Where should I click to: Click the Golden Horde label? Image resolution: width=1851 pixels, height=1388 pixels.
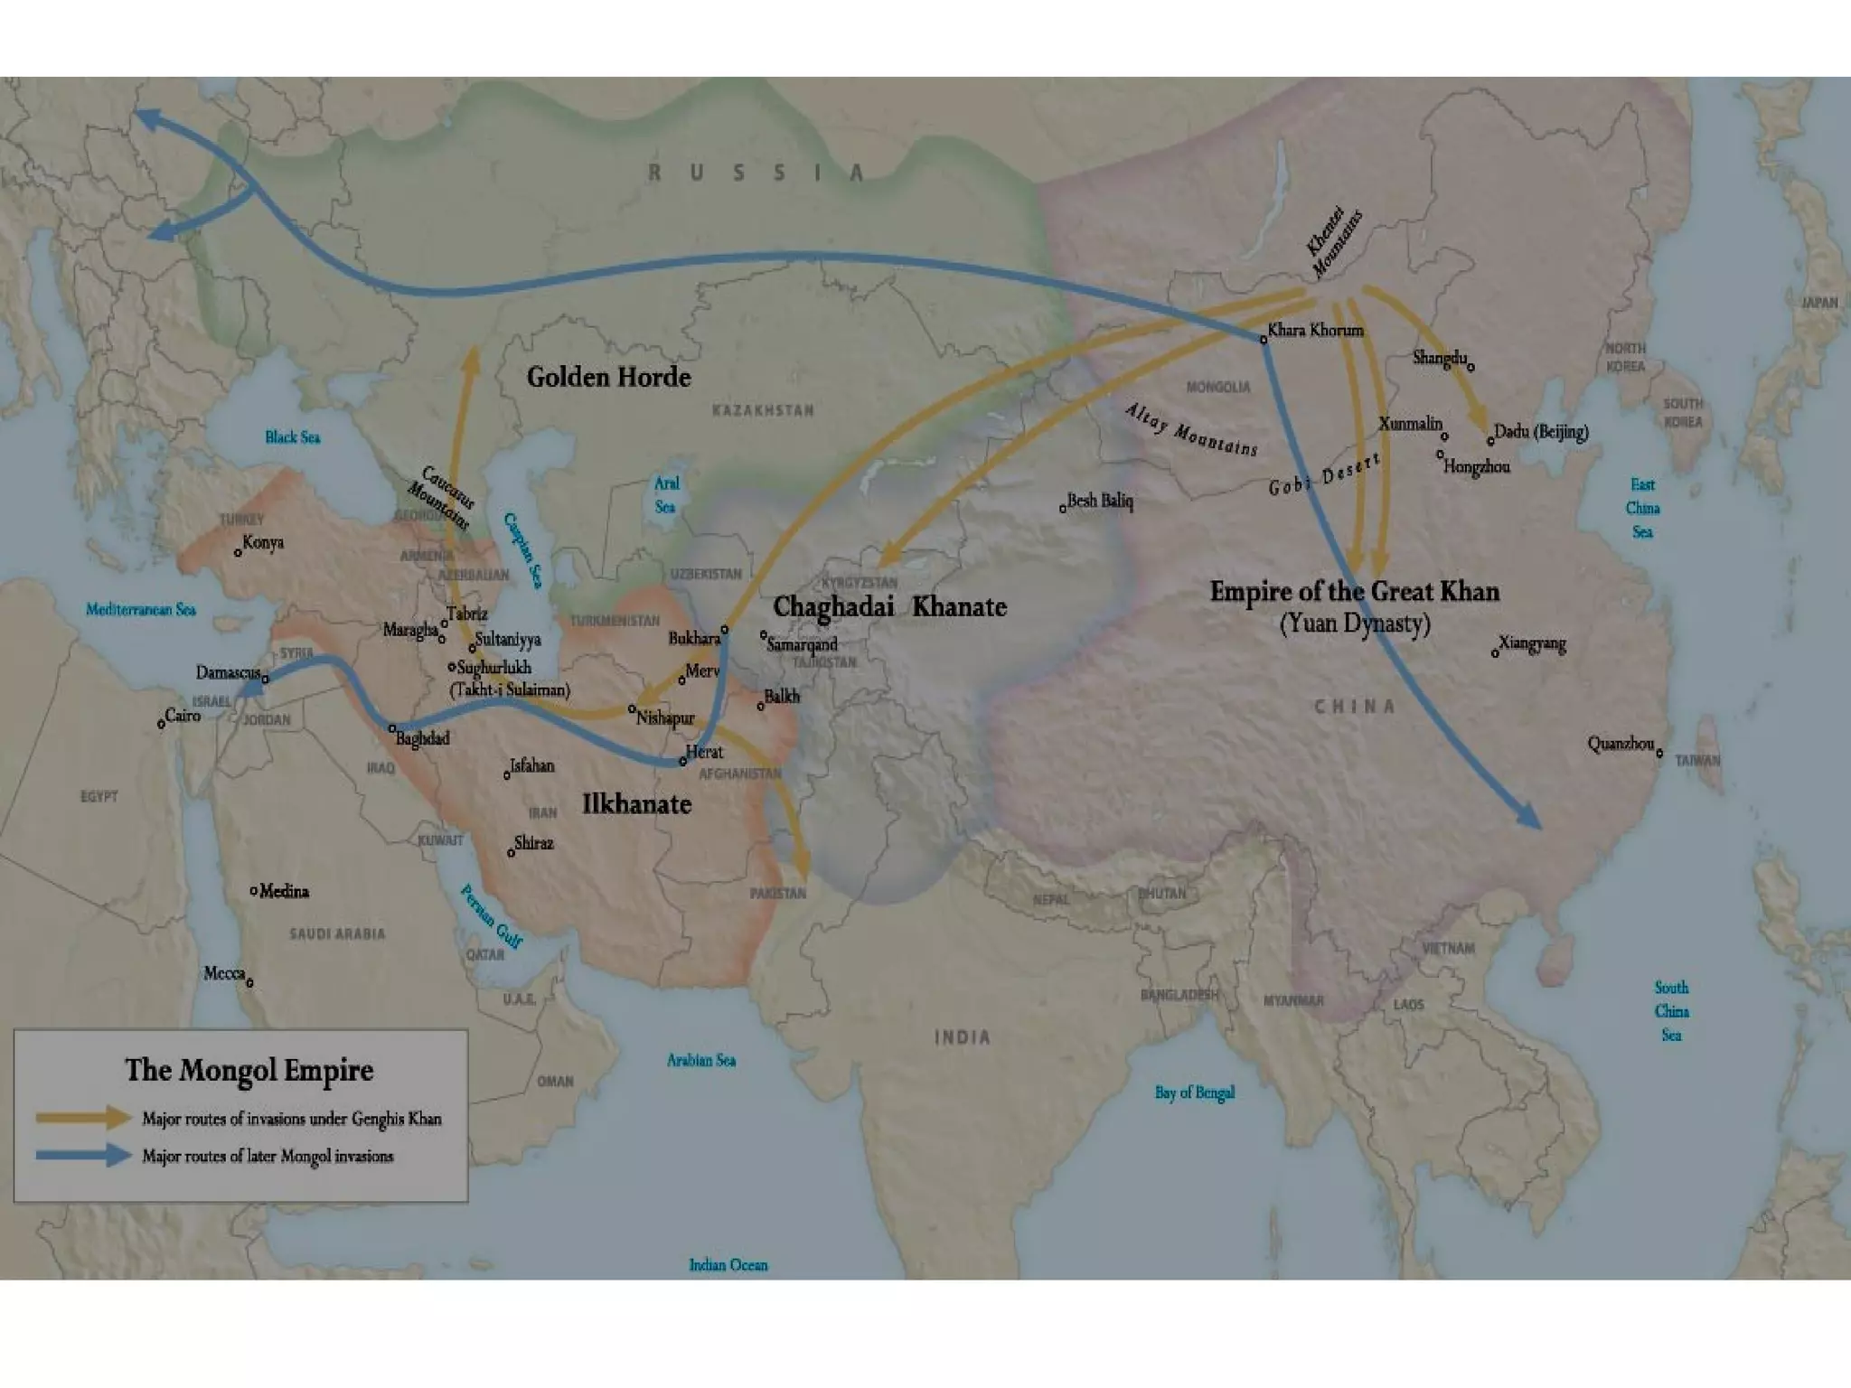(x=608, y=377)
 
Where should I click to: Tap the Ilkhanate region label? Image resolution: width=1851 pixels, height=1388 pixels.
(x=636, y=803)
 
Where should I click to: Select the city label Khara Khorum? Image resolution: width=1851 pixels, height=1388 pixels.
(x=1315, y=330)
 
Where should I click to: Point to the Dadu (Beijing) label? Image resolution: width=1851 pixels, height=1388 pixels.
(x=1541, y=431)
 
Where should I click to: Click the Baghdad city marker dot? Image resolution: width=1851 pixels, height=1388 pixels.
(x=392, y=727)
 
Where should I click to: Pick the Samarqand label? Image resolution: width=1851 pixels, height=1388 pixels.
(x=802, y=644)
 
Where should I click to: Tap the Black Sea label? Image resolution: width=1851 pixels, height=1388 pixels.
(x=292, y=437)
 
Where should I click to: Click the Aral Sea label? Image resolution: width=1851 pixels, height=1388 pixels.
(x=666, y=494)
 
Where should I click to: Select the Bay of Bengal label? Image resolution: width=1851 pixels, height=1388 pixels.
(x=1194, y=1093)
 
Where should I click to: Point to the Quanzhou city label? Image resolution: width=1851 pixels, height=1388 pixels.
(x=1621, y=745)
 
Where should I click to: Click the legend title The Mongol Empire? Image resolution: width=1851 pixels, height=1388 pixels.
(x=249, y=1070)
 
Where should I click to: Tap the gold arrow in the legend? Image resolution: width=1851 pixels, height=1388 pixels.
(x=84, y=1118)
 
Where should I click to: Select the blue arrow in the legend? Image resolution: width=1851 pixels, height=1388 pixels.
(x=84, y=1155)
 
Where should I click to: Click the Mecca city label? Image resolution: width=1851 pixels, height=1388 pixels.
(x=224, y=973)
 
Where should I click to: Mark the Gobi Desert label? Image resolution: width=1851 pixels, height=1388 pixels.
(x=1324, y=474)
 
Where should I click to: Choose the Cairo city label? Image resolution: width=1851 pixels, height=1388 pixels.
(x=183, y=716)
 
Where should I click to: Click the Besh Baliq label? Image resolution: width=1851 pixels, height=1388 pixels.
(x=1100, y=501)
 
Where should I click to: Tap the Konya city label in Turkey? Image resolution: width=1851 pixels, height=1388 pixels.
(x=263, y=543)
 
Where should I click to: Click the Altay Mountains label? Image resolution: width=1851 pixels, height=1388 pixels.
(x=1191, y=429)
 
